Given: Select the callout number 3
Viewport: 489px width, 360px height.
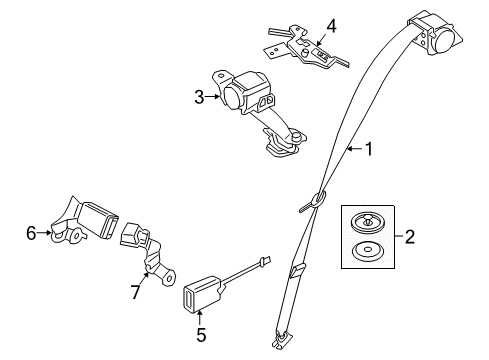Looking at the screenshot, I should coord(198,96).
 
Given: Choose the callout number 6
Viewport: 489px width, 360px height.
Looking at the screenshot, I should coord(31,233).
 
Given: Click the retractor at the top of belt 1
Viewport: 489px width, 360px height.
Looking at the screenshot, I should coord(431,32).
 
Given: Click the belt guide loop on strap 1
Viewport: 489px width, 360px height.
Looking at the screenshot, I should coord(316,200).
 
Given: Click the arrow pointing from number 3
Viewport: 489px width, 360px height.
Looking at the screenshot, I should coord(212,97).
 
